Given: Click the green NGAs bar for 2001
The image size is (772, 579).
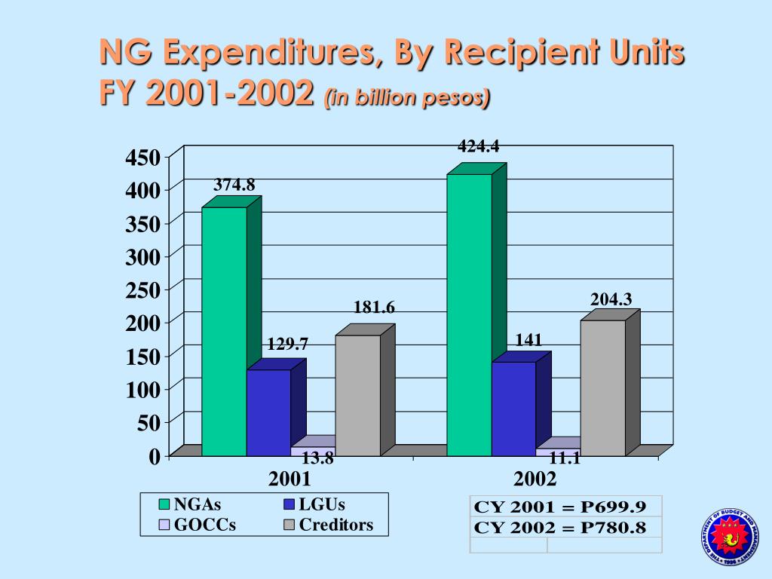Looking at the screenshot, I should coord(224,332).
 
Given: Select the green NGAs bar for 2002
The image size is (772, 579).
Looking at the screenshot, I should coord(469,315).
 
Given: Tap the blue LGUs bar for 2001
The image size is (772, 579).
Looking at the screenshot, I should coord(268,412).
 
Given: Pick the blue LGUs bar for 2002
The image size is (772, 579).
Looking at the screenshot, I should coord(513,409).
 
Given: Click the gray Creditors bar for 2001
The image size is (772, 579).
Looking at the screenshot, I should coord(357,395).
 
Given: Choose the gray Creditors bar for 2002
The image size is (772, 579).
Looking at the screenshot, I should coord(602,388).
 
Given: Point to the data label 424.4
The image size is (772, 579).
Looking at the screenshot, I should coord(478,146).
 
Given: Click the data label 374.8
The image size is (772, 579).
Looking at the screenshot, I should coord(234,185).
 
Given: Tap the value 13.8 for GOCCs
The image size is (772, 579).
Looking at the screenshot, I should coord(317,458).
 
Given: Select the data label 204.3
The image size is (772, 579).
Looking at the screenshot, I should coord(611,299).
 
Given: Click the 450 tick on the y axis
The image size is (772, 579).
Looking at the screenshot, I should coord(142,158).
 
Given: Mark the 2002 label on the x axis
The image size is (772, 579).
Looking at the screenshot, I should coord(535,479).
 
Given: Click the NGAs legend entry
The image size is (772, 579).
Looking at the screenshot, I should coord(195,504).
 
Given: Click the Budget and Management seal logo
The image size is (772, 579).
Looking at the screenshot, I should coord(730,538).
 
